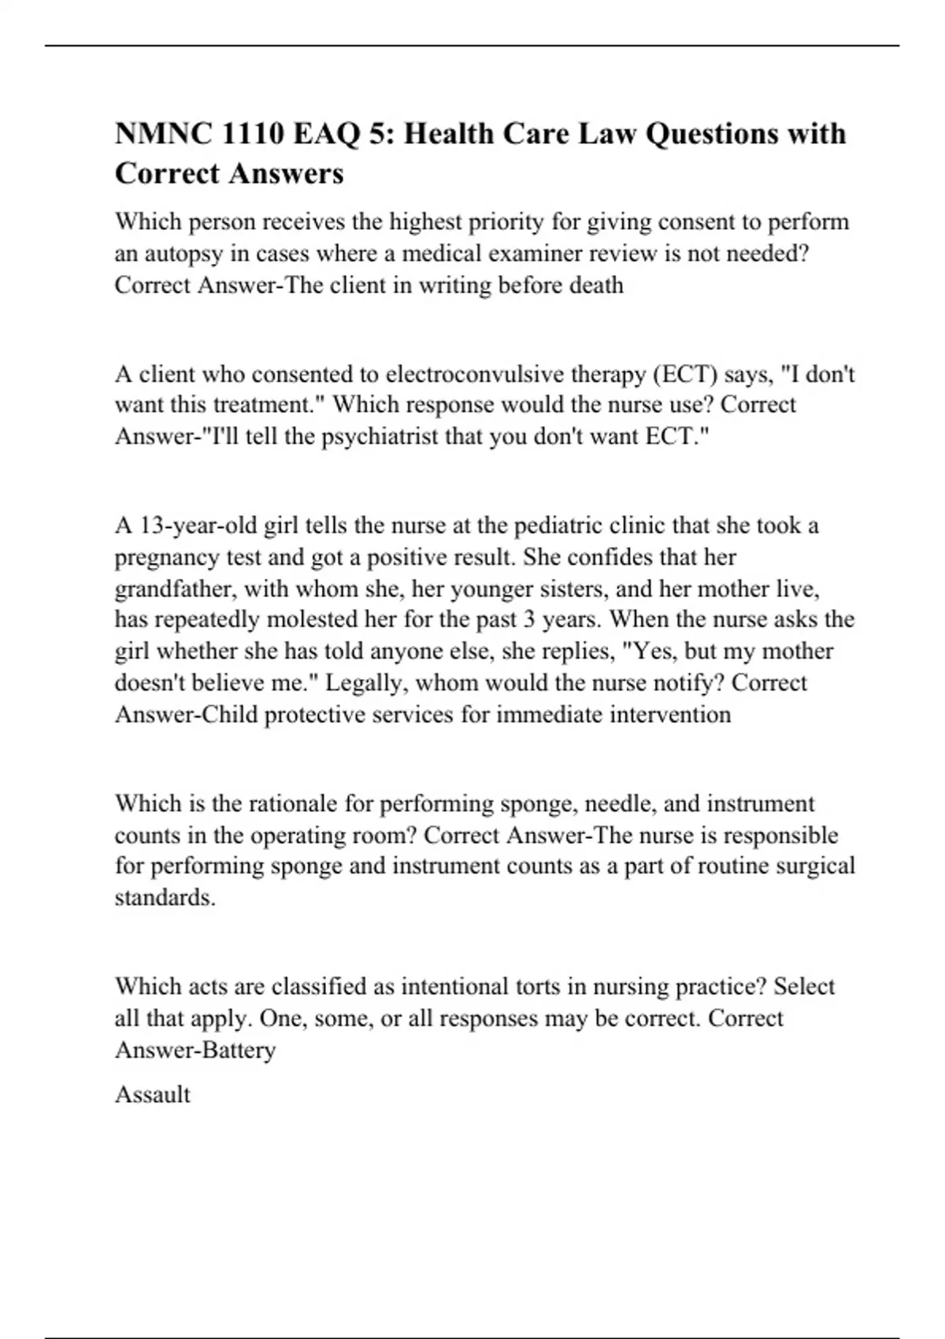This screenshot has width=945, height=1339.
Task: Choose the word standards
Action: click(x=165, y=898)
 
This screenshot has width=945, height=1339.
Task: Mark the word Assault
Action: click(x=153, y=1094)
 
